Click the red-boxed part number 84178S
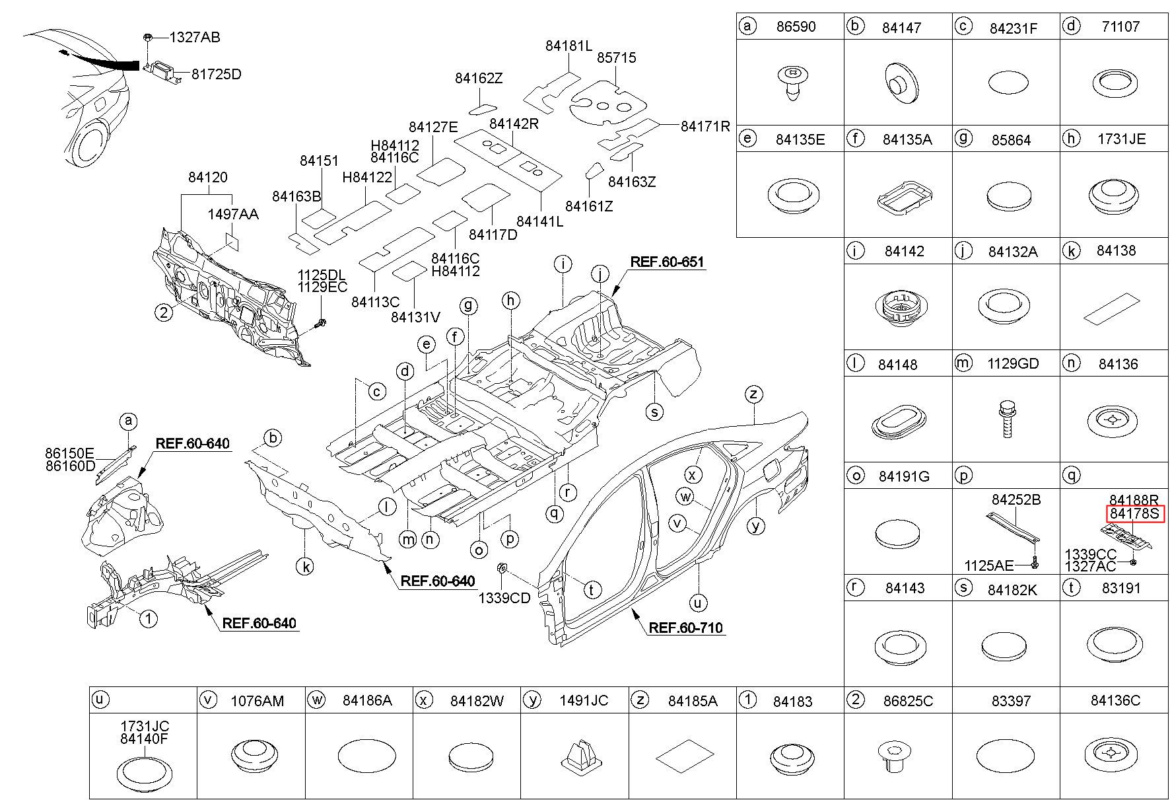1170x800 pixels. [1134, 514]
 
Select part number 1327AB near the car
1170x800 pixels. [194, 38]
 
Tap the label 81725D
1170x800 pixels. [216, 74]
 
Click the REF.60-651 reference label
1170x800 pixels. [667, 262]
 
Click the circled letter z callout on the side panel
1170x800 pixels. [753, 394]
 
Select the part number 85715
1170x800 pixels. [616, 58]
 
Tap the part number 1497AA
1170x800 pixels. [232, 214]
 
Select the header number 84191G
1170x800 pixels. [904, 476]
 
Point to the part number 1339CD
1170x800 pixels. [504, 599]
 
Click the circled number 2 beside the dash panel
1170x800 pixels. [164, 312]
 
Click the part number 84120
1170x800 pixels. [207, 177]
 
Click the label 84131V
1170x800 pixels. [415, 317]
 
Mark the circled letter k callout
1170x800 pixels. [304, 565]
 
